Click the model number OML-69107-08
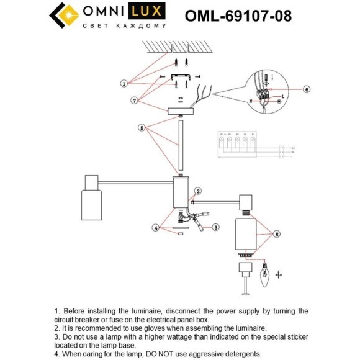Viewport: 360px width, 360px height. [x=238, y=16]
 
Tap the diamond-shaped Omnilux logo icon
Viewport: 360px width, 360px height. [x=63, y=17]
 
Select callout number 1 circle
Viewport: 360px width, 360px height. [x=124, y=83]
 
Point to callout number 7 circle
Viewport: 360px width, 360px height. [x=133, y=100]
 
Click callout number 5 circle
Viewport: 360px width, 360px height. [x=142, y=128]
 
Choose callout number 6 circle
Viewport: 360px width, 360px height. [x=306, y=89]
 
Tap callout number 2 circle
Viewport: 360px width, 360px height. [x=198, y=191]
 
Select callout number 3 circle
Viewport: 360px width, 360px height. [x=215, y=227]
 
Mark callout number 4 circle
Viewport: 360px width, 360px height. [x=156, y=228]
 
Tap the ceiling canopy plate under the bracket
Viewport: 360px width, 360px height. [x=181, y=110]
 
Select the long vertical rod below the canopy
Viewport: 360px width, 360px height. [x=181, y=146]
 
